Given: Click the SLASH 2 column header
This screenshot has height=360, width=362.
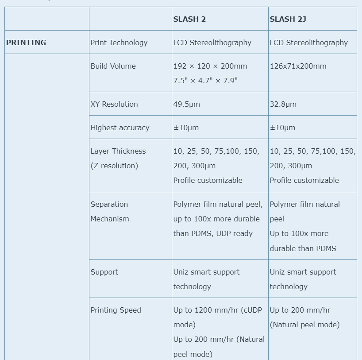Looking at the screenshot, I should (x=189, y=19).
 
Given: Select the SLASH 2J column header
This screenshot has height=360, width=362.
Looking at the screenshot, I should (x=288, y=19).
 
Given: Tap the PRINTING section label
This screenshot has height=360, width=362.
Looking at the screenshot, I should (x=26, y=43).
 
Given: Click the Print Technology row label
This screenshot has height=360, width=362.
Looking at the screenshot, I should (x=119, y=43).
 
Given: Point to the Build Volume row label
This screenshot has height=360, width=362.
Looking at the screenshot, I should (x=113, y=66).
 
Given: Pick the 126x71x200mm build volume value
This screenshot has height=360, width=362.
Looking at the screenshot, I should (x=298, y=66).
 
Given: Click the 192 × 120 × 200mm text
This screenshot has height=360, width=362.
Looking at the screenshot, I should (x=210, y=66).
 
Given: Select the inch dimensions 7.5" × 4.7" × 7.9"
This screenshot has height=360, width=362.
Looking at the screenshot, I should (x=205, y=81).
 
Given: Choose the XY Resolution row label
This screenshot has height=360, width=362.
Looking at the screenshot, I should (x=114, y=104).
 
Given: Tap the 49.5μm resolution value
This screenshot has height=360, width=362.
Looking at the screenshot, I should (x=186, y=104).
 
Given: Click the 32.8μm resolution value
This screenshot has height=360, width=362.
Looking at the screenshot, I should (x=283, y=104).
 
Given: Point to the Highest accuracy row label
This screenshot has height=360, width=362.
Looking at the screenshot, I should (x=119, y=128).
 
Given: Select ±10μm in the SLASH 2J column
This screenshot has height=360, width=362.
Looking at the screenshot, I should (x=282, y=128).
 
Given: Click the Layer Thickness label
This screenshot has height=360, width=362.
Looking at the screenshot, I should (x=118, y=151).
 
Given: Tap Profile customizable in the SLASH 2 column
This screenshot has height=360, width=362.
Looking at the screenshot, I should (x=208, y=180).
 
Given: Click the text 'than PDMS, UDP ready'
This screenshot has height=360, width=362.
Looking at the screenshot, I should (x=213, y=233).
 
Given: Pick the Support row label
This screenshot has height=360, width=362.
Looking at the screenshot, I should (x=104, y=272).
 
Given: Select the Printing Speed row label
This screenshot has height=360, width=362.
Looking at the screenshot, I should (x=116, y=310).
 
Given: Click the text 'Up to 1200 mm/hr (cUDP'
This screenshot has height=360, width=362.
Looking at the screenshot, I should (x=219, y=310).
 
